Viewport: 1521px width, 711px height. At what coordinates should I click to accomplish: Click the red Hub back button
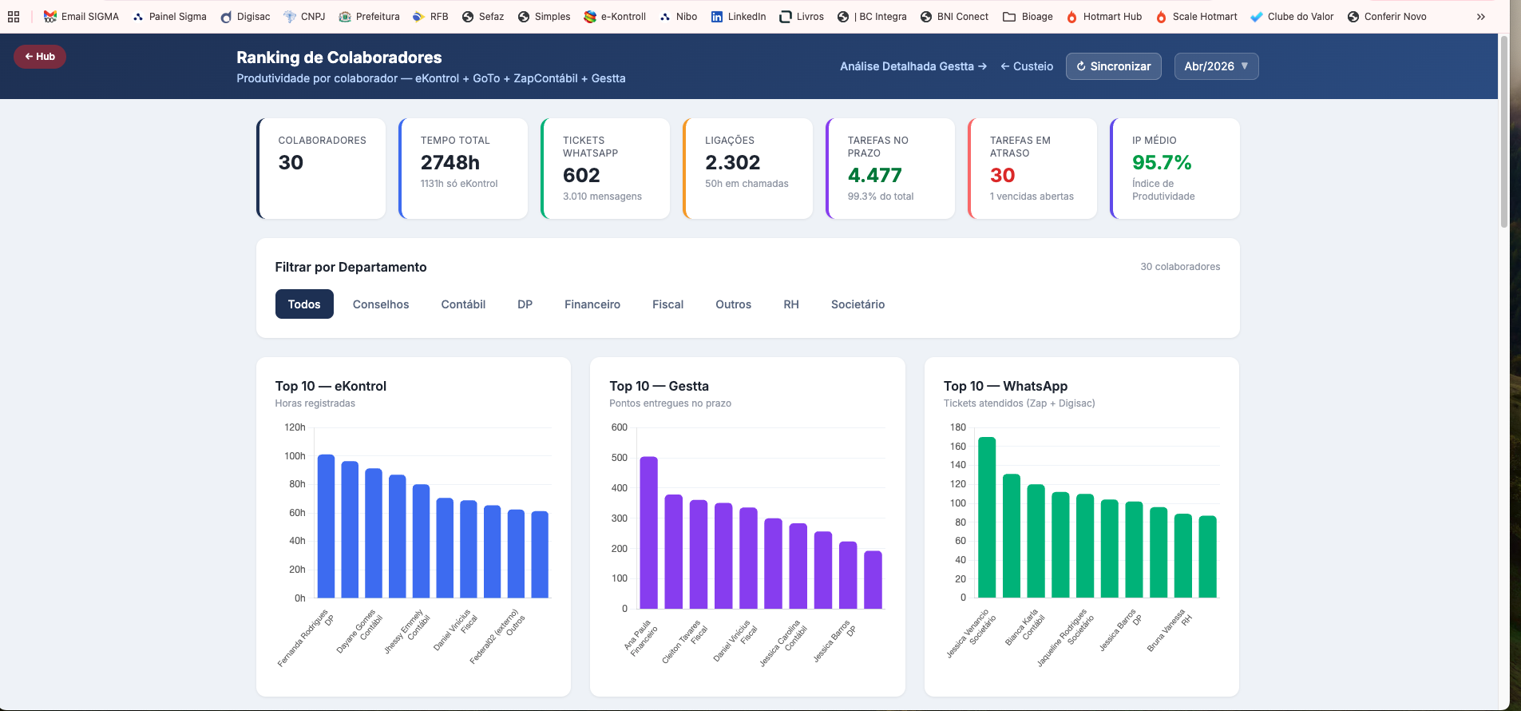[x=40, y=57]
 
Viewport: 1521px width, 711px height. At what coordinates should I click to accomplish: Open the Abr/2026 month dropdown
[x=1216, y=66]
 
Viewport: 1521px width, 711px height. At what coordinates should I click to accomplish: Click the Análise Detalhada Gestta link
[x=913, y=66]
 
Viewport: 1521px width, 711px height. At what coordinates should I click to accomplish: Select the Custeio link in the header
[x=1027, y=66]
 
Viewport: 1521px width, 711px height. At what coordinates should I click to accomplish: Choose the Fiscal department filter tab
[x=667, y=304]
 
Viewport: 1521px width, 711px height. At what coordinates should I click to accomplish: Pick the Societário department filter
[x=858, y=304]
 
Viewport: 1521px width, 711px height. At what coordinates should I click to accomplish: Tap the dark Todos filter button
[x=304, y=304]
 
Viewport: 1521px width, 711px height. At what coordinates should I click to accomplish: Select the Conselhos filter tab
[x=381, y=304]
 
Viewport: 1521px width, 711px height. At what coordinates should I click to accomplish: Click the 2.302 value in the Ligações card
[x=732, y=163]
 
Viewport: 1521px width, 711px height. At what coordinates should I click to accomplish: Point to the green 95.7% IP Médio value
[x=1162, y=163]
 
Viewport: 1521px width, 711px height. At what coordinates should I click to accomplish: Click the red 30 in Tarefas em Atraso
[x=1003, y=176]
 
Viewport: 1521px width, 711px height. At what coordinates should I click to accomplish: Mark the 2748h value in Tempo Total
[x=450, y=163]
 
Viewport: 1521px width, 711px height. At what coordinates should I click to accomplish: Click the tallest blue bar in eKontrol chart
[x=326, y=526]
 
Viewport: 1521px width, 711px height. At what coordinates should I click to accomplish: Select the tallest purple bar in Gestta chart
[x=649, y=533]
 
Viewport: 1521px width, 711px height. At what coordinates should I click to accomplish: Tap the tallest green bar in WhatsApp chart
[x=987, y=518]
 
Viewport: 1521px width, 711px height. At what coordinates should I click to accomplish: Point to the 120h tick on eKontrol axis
[x=295, y=427]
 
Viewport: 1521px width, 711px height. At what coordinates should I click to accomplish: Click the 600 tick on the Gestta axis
[x=620, y=427]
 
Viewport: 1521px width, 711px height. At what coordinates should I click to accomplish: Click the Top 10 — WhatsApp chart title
[x=1005, y=386]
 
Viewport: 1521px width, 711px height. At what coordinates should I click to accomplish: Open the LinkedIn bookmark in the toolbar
[x=739, y=17]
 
